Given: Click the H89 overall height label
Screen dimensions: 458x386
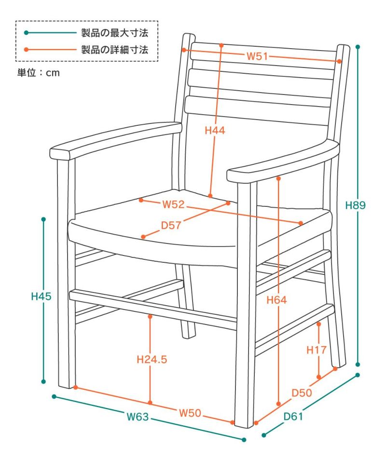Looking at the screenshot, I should [356, 205].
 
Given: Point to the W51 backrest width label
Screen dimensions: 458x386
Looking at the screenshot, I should [257, 56].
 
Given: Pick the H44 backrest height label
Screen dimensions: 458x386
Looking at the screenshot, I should [215, 130].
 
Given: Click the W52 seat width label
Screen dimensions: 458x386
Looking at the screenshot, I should [174, 204].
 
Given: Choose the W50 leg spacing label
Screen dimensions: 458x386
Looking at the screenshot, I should [190, 413].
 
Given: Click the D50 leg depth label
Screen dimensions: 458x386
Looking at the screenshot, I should [302, 393].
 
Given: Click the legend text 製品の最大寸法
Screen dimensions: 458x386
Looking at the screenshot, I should [114, 33].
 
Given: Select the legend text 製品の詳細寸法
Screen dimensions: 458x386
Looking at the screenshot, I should [114, 49].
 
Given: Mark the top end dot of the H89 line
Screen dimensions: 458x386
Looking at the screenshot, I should [358, 47].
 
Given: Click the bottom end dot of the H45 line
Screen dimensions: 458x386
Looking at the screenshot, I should [44, 382].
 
